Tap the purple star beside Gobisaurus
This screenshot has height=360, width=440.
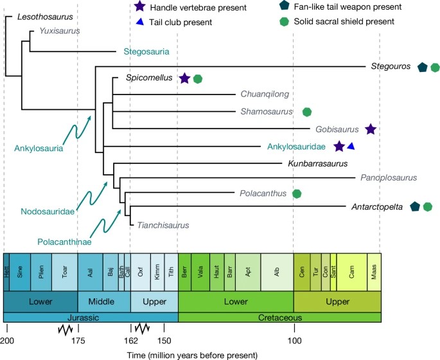coord(370,129)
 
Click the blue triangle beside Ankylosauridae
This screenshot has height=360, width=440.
coord(351,147)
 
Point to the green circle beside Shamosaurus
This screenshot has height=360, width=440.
coord(307,112)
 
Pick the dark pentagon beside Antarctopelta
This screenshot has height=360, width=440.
coord(416,206)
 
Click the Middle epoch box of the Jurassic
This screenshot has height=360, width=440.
coord(103,301)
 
